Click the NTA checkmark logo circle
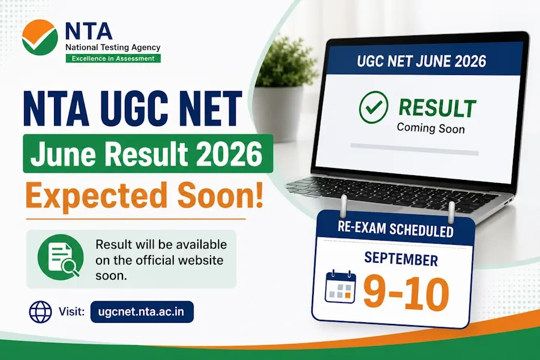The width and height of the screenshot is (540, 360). pyautogui.click(x=40, y=38)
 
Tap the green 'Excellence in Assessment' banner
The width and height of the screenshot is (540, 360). pyautogui.click(x=113, y=59)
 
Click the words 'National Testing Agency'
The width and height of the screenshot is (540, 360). pyautogui.click(x=113, y=47)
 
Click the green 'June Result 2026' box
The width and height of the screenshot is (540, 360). pyautogui.click(x=148, y=154)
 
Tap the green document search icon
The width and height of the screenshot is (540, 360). pyautogui.click(x=61, y=257)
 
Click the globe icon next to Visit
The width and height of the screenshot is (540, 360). pyautogui.click(x=41, y=312)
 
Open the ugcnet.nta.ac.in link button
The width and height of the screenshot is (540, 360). pyautogui.click(x=142, y=312)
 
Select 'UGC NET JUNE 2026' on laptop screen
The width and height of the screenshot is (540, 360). pyautogui.click(x=422, y=61)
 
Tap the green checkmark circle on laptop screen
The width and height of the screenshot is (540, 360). pyautogui.click(x=373, y=107)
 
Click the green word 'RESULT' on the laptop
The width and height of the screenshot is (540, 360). pyautogui.click(x=437, y=108)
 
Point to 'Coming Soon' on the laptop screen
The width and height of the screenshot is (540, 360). pyautogui.click(x=431, y=128)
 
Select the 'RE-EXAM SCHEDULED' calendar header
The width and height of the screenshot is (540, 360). pyautogui.click(x=395, y=229)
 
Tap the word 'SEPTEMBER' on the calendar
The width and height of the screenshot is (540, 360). pyautogui.click(x=401, y=259)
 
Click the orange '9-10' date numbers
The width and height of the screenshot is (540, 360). pyautogui.click(x=406, y=293)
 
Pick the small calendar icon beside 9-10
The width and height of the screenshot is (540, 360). pyautogui.click(x=341, y=287)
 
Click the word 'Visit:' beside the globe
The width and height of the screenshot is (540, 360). pyautogui.click(x=71, y=312)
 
